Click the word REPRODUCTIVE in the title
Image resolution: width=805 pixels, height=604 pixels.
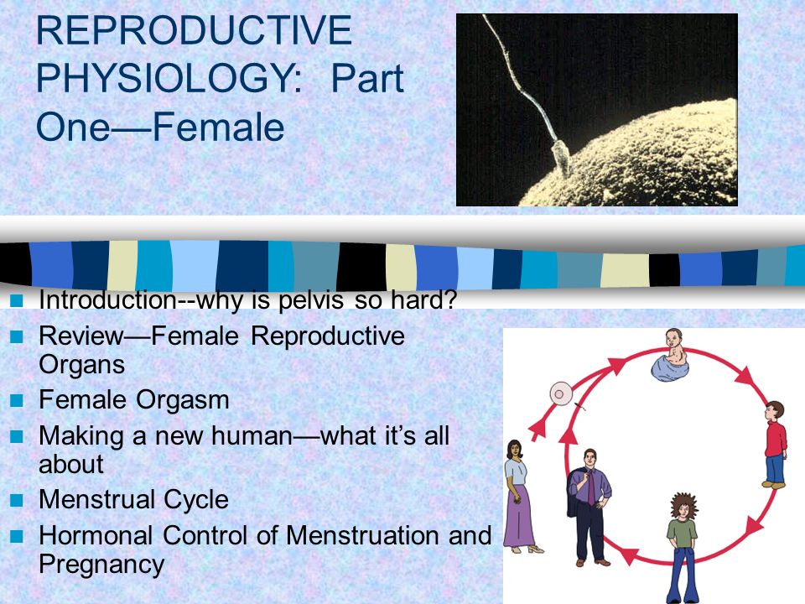pyautogui.click(x=194, y=31)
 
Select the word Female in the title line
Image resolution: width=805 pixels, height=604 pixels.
pyautogui.click(x=219, y=127)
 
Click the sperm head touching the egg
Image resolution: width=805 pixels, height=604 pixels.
pyautogui.click(x=561, y=159)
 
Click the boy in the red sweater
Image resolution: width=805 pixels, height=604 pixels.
pyautogui.click(x=775, y=445)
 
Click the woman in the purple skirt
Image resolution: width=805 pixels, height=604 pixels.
pyautogui.click(x=521, y=496)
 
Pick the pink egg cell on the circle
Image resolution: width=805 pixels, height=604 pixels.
pyautogui.click(x=561, y=393)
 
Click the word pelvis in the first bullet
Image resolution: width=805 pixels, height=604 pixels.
pyautogui.click(x=310, y=301)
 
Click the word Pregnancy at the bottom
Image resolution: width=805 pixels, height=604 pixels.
pyautogui.click(x=101, y=565)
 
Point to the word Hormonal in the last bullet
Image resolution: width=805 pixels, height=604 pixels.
pyautogui.click(x=96, y=535)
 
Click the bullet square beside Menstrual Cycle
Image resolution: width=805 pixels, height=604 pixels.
pyautogui.click(x=17, y=500)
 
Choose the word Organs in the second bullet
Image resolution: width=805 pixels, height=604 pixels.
pyautogui.click(x=82, y=366)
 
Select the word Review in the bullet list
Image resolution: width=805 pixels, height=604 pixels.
pyautogui.click(x=81, y=336)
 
